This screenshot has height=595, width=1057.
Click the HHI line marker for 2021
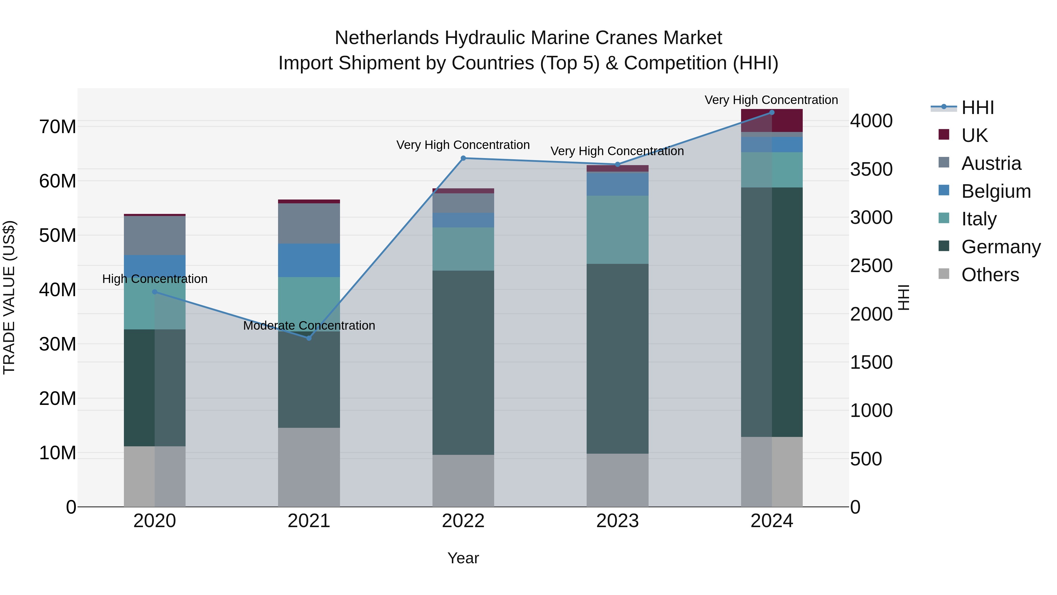click(x=309, y=338)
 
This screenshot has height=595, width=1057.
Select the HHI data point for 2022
click(x=463, y=158)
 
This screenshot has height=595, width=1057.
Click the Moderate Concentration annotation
click(x=309, y=326)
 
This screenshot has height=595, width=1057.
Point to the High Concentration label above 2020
click(x=155, y=279)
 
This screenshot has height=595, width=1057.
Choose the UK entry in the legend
click(x=974, y=135)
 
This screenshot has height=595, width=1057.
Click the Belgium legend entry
click(x=996, y=191)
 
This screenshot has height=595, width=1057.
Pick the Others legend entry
click(x=990, y=275)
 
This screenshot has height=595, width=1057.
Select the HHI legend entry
click(x=977, y=108)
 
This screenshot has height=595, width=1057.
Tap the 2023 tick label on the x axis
click(x=617, y=521)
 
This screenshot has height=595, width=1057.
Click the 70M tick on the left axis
click(x=58, y=126)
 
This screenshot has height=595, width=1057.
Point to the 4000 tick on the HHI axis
click(x=871, y=121)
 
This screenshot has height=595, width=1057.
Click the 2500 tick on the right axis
click(x=871, y=266)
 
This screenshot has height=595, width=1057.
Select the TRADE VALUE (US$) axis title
click(x=9, y=297)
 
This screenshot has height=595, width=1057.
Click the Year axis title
click(x=463, y=558)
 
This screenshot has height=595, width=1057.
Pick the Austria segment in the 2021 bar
click(x=309, y=223)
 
